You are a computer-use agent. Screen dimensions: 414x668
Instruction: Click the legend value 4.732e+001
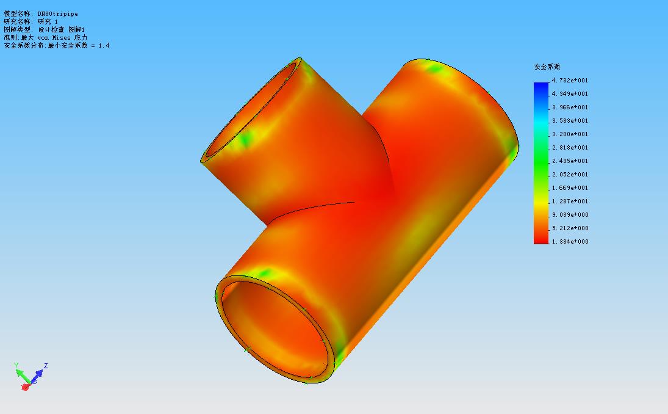click(x=570, y=81)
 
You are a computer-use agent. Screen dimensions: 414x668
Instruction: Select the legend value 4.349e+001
click(x=570, y=94)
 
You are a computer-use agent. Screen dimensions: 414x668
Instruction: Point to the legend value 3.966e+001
click(x=570, y=107)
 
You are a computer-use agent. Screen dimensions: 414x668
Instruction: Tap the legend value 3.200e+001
click(x=570, y=134)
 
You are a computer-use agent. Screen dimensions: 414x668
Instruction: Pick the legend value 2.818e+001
click(x=570, y=148)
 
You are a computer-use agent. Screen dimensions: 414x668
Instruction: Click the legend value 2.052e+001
click(x=570, y=175)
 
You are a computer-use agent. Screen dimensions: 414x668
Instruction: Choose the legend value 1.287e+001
click(x=570, y=202)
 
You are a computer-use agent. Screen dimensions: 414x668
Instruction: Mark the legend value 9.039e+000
click(x=570, y=215)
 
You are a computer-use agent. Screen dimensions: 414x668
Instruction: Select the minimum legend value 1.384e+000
click(x=570, y=242)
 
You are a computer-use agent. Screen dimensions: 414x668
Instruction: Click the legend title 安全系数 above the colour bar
click(x=547, y=67)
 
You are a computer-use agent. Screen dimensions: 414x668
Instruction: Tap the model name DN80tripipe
click(x=57, y=13)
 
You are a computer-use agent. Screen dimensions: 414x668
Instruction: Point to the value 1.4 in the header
click(x=104, y=45)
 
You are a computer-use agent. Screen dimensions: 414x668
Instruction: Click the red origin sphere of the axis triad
click(x=26, y=387)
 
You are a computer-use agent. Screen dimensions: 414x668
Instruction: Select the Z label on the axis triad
click(x=46, y=366)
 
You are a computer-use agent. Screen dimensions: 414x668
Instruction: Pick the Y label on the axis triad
click(x=16, y=365)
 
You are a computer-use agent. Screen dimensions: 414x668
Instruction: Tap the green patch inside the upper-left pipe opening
click(x=245, y=140)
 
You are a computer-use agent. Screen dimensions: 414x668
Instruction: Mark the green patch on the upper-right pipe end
click(x=436, y=69)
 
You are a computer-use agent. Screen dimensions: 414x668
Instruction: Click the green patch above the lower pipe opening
click(x=264, y=273)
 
